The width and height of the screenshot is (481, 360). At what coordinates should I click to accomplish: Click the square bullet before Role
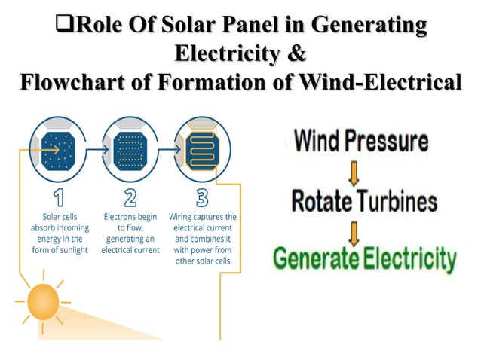point(65,27)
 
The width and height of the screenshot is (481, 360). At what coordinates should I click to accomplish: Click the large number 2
point(130,197)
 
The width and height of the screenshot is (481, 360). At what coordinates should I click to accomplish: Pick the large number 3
point(201,197)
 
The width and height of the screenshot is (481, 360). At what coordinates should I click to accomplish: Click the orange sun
point(44,304)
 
